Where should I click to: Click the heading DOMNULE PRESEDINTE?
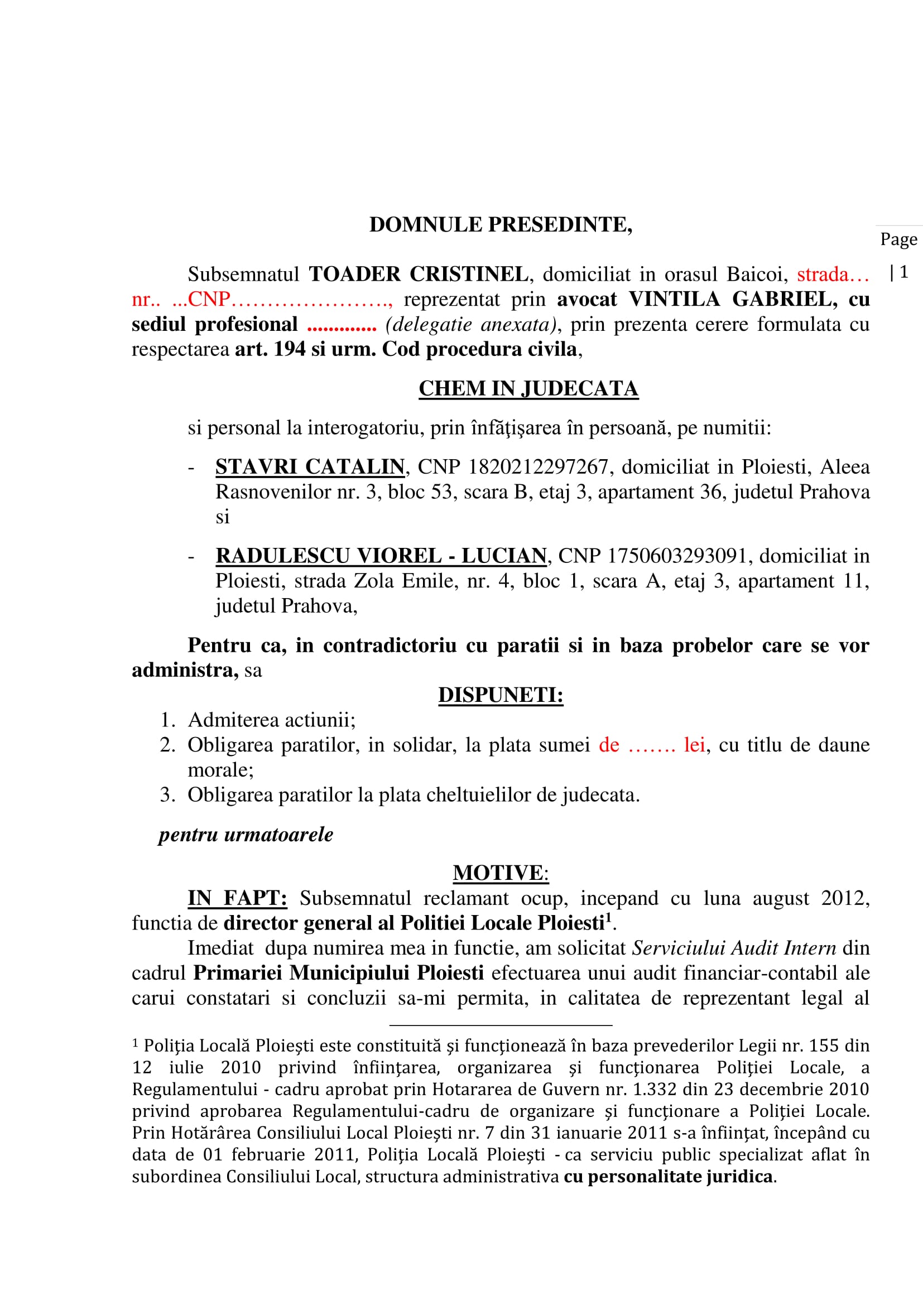pos(500,225)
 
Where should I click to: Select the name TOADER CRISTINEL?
pos(419,275)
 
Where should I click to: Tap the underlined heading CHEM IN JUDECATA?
pos(528,388)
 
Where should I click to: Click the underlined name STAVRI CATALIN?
pos(310,466)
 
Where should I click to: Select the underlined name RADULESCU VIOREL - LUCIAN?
pos(381,556)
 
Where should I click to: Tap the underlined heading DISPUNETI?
pos(500,695)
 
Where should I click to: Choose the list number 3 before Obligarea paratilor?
pos(167,794)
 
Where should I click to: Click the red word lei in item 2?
pos(694,745)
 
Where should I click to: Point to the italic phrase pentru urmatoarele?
pos(246,834)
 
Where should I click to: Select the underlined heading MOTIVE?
pos(498,873)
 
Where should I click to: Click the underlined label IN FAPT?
pos(238,898)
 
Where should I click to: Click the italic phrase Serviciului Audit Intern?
pos(734,948)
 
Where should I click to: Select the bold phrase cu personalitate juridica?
pos(668,1176)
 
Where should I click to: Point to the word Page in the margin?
pos(898,239)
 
